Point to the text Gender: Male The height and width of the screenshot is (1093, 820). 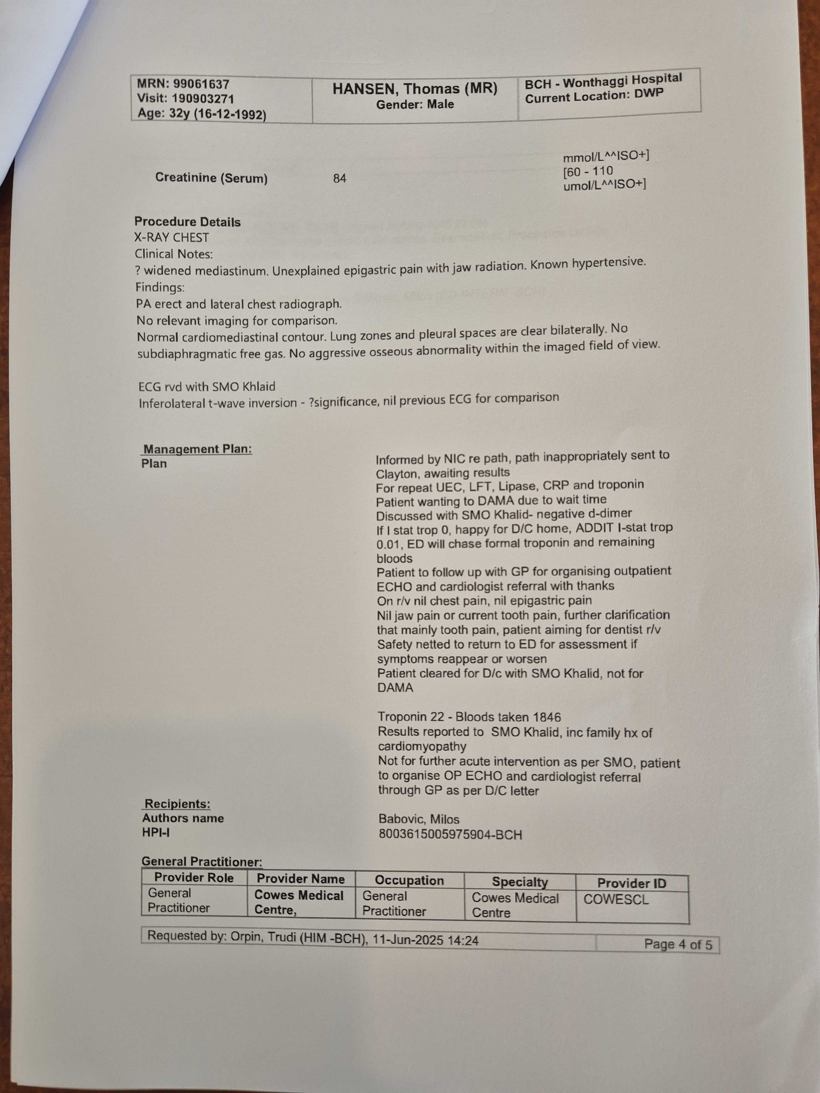[415, 104]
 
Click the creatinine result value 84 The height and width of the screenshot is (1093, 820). [339, 178]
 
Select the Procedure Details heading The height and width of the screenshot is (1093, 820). [187, 222]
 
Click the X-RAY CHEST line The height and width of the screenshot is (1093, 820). [171, 238]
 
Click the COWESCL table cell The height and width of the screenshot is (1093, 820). [616, 899]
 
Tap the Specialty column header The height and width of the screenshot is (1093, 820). [520, 882]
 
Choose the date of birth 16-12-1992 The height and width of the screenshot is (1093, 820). [230, 115]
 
